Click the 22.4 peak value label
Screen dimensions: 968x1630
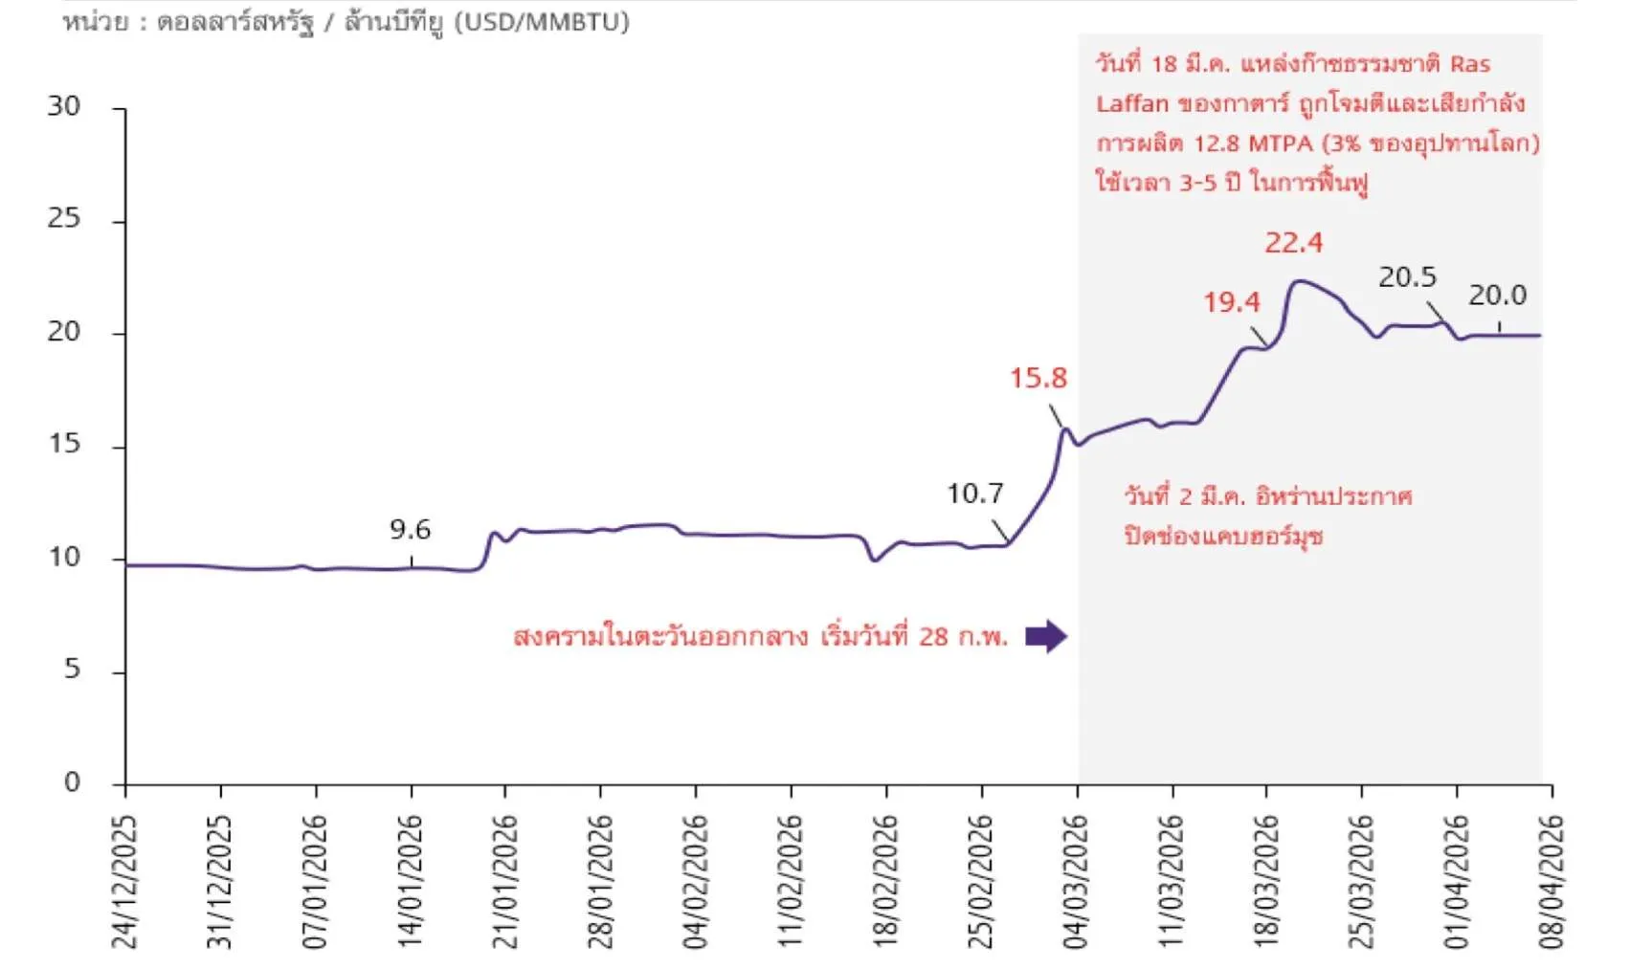pyautogui.click(x=1293, y=243)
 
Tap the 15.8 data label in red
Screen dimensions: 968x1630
pyautogui.click(x=1038, y=378)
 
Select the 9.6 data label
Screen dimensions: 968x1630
pyautogui.click(x=410, y=529)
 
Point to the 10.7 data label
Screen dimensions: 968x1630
pyautogui.click(x=974, y=494)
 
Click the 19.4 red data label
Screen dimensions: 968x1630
pyautogui.click(x=1231, y=302)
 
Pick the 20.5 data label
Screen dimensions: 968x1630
pyautogui.click(x=1407, y=277)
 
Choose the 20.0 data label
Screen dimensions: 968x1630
pyautogui.click(x=1497, y=296)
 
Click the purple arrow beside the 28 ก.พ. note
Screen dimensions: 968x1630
pyautogui.click(x=1045, y=636)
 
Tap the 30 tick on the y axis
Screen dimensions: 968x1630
pyautogui.click(x=64, y=106)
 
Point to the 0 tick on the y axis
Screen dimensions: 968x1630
pyautogui.click(x=72, y=782)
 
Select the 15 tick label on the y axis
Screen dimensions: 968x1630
pyautogui.click(x=64, y=444)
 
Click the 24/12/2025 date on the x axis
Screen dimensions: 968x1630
pyautogui.click(x=125, y=881)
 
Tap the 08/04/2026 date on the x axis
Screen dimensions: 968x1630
pyautogui.click(x=1551, y=881)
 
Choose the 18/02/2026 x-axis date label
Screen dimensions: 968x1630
pyautogui.click(x=885, y=881)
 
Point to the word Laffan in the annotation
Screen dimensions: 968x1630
pyautogui.click(x=1132, y=103)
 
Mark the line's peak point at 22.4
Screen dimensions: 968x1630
pyautogui.click(x=1298, y=281)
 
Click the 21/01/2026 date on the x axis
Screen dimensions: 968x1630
pyautogui.click(x=504, y=881)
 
